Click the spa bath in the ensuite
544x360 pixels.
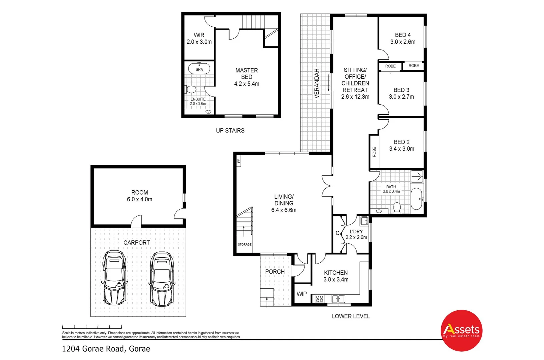tap(199, 69)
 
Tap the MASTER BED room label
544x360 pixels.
tap(246, 77)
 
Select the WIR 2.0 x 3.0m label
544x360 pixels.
tap(199, 38)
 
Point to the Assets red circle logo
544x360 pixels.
tap(462, 331)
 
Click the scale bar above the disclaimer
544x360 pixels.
tap(92, 327)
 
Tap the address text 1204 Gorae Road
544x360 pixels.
tap(106, 349)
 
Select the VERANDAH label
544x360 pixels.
tap(317, 83)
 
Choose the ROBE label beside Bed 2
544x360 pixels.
tap(374, 152)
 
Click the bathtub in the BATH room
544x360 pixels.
tap(416, 199)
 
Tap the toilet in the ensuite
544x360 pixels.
tap(190, 89)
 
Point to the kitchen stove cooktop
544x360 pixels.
tap(320, 299)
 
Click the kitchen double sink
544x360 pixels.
tap(338, 299)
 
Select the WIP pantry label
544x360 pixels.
tap(302, 294)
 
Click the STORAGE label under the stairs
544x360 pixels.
tap(244, 244)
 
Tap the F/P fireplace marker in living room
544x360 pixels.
tap(238, 161)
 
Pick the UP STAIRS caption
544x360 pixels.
tap(230, 131)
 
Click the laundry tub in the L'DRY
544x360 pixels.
tap(364, 220)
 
